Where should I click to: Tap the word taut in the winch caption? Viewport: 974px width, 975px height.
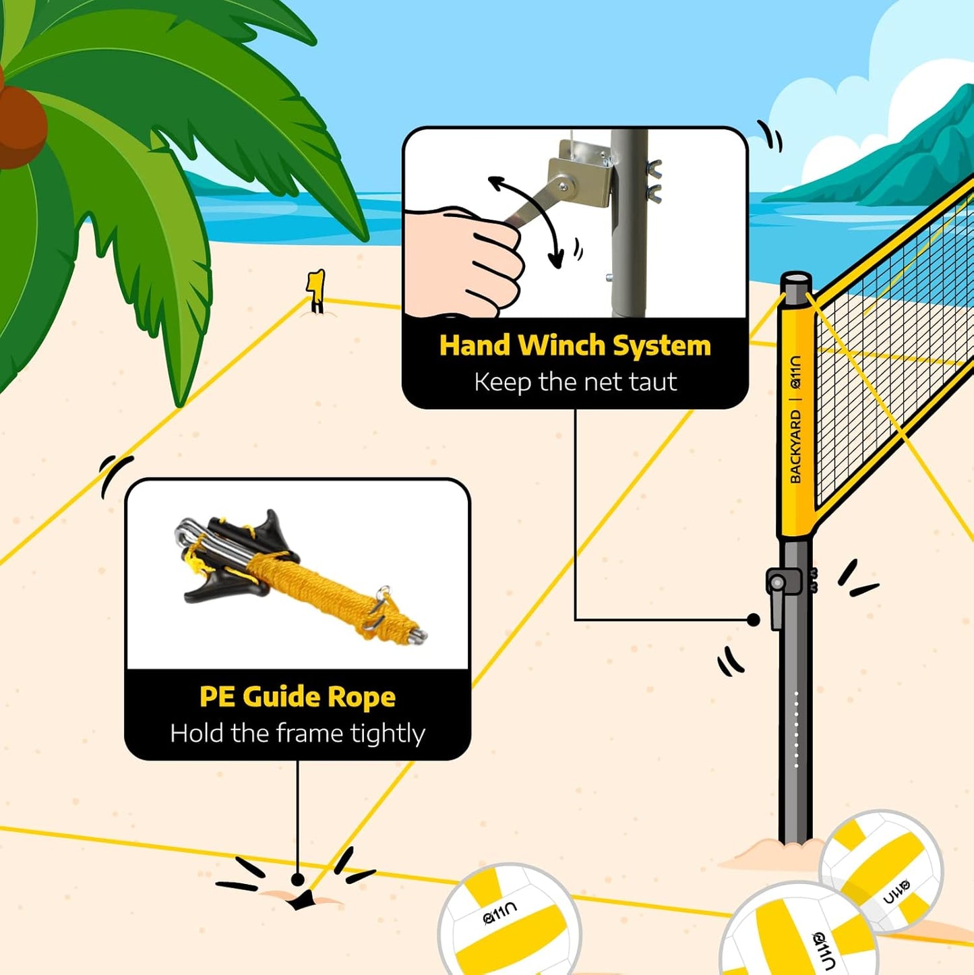click(652, 382)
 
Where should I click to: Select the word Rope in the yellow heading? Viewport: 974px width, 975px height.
click(362, 697)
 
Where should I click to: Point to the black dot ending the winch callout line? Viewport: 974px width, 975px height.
click(754, 620)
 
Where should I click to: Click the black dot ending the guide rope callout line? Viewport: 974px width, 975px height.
click(297, 880)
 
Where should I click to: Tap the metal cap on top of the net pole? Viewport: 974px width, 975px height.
click(796, 280)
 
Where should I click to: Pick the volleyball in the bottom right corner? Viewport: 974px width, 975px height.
click(799, 934)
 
